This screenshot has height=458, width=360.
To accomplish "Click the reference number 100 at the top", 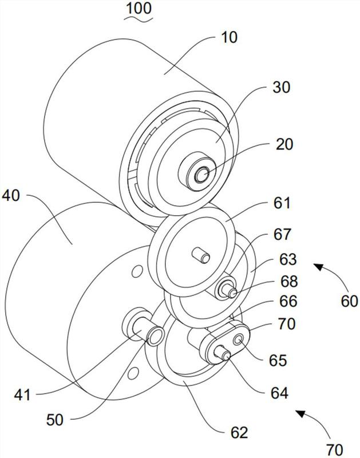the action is point(139,8).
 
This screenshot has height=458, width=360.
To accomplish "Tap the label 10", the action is point(230,37).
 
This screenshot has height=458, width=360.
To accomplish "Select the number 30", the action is point(282,87).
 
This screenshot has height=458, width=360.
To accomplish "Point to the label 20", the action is point(284,144).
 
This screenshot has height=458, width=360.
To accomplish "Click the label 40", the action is point(11,195).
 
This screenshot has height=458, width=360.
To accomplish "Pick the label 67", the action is point(283,234).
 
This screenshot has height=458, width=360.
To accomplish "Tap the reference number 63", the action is point(288,259).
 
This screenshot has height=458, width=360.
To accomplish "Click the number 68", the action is point(289,281).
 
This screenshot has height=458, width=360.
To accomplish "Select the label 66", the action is point(288,301).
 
